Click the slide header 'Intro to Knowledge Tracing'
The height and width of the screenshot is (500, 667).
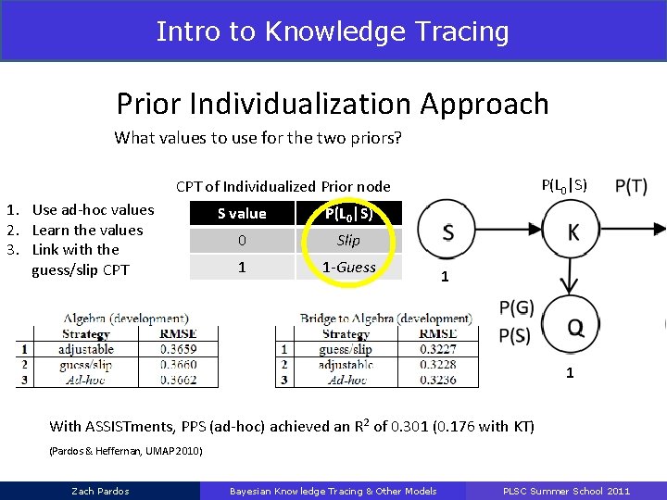[333, 31]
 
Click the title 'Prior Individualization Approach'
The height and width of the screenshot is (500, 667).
[333, 104]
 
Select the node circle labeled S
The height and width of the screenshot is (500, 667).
[447, 231]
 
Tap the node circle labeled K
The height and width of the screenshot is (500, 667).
[573, 231]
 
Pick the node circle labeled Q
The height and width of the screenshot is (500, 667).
[574, 325]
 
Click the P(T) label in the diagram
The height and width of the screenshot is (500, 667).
[631, 186]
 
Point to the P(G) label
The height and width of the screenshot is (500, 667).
[516, 307]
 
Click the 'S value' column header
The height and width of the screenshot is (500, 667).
[242, 214]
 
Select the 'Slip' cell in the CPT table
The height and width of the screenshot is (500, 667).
[348, 241]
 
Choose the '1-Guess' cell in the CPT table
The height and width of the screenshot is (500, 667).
[348, 268]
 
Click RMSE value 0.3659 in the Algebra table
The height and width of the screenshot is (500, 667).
[178, 349]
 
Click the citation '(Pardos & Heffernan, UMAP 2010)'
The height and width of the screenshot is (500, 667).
[125, 451]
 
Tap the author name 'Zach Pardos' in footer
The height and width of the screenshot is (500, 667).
[100, 491]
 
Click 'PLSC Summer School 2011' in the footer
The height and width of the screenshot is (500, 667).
[566, 491]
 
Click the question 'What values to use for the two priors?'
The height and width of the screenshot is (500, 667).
[258, 138]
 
